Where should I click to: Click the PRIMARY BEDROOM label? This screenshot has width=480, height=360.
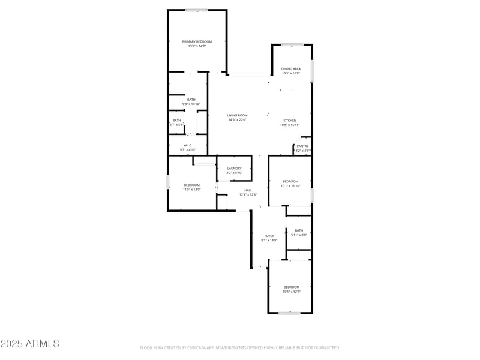click(197, 41)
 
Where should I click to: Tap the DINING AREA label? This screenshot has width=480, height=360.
click(291, 69)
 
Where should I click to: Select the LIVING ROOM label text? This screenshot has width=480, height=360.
click(237, 115)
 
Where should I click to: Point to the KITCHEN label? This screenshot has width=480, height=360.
click(290, 121)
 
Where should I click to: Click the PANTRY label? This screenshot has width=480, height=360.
click(302, 146)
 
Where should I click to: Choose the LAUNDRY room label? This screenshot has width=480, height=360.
click(234, 168)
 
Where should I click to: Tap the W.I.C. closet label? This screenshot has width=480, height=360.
click(188, 145)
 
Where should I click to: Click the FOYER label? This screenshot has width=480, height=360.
click(269, 236)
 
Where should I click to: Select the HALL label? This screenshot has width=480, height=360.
click(248, 190)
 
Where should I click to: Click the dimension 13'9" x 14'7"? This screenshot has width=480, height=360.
click(197, 46)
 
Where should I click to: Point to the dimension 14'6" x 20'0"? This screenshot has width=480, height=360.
click(237, 120)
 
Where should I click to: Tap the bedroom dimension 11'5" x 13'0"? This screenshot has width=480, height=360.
click(192, 189)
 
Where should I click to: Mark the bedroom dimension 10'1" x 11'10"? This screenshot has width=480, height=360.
click(290, 186)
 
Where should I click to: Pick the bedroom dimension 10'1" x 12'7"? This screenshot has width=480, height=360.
click(291, 292)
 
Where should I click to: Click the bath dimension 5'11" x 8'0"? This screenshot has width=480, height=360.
click(299, 235)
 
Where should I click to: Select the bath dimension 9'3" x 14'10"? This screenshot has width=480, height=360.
click(191, 104)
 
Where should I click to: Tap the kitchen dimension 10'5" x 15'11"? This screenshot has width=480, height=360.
click(290, 125)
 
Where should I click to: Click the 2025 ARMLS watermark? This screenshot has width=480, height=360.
click(30, 344)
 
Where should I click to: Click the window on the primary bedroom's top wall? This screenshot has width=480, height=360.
click(196, 10)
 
